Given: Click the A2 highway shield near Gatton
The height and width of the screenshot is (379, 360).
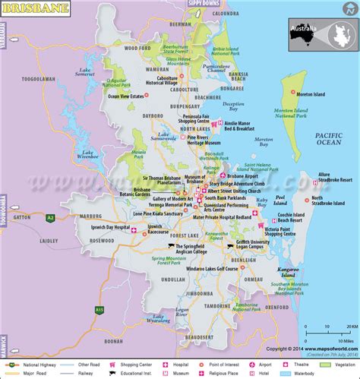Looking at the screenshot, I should [50, 217].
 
